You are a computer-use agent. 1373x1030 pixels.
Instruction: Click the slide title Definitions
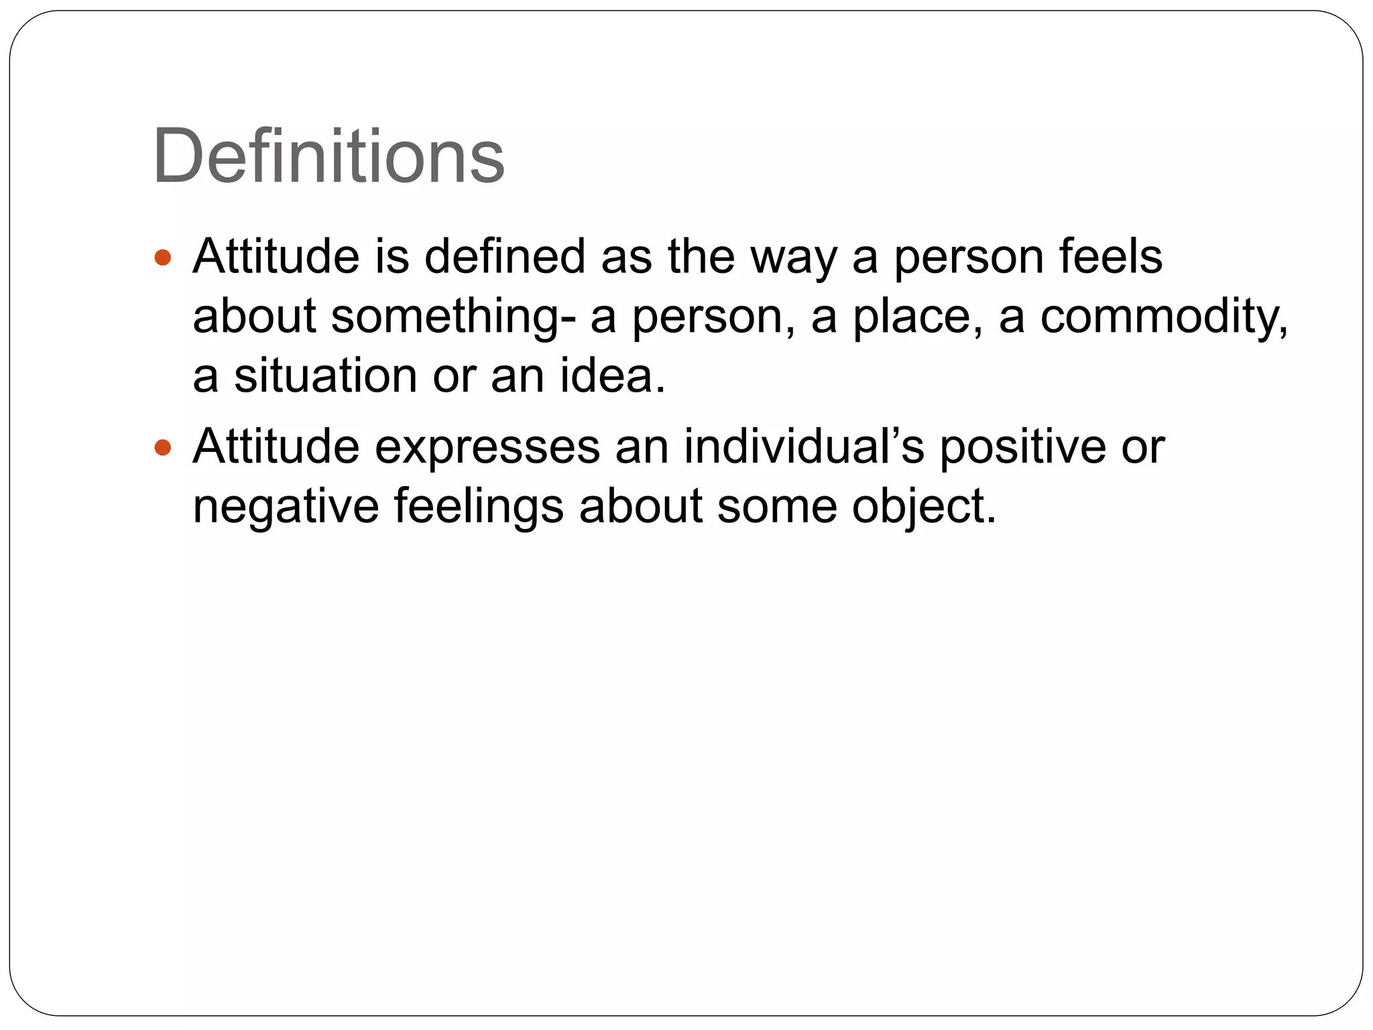pos(329,157)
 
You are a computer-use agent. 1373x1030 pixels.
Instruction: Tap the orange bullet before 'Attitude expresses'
pos(163,447)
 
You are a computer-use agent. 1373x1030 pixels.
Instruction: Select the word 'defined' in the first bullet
pos(505,256)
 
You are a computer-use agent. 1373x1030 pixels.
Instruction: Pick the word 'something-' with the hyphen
pos(453,317)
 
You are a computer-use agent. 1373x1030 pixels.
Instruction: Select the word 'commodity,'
pos(1164,317)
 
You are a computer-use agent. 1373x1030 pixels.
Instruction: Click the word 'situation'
pos(325,376)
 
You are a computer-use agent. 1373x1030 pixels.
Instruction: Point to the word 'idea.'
pos(613,376)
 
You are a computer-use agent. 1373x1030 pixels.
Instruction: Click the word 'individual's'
pos(804,447)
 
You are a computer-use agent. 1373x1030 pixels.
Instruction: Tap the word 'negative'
pos(286,506)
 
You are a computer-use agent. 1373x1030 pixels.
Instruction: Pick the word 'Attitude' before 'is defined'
pos(276,256)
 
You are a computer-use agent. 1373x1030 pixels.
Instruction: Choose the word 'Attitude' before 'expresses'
pos(276,447)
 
